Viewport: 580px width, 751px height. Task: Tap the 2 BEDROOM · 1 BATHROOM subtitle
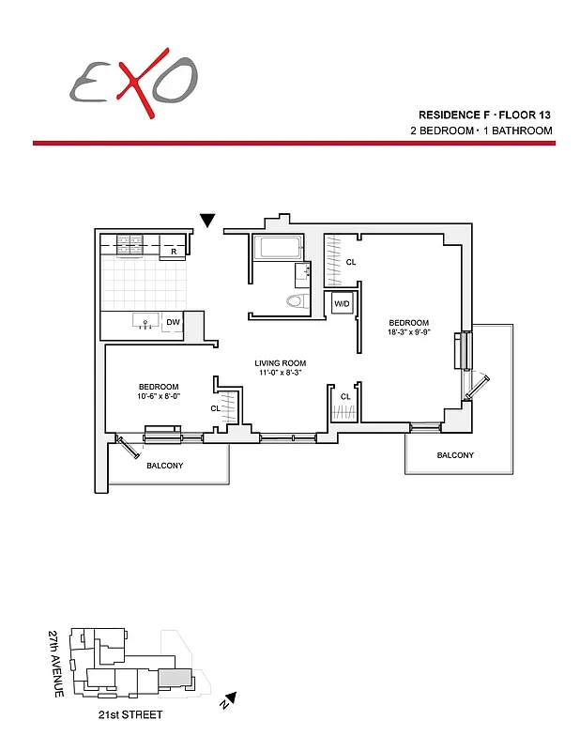[481, 130]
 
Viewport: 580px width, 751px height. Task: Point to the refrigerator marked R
[174, 252]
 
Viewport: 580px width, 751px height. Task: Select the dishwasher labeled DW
[173, 323]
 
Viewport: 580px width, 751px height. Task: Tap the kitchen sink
[145, 322]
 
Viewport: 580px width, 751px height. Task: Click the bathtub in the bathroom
[278, 250]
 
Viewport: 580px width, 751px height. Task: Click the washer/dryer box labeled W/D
[342, 303]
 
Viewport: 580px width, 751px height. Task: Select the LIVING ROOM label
[280, 363]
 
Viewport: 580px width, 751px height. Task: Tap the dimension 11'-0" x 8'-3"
[280, 374]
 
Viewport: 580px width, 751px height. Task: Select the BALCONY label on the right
[455, 455]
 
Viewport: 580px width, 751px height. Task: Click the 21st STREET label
[130, 715]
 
